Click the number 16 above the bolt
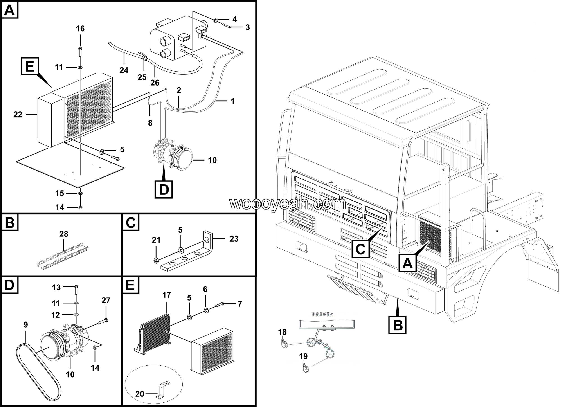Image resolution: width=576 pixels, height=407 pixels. [80, 29]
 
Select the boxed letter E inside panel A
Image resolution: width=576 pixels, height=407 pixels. [30, 66]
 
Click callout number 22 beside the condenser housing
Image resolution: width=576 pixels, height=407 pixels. [18, 115]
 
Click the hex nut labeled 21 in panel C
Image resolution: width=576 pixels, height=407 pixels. [156, 261]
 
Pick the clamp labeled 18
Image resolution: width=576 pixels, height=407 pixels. [283, 344]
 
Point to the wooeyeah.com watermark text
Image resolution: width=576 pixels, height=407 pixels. [288, 203]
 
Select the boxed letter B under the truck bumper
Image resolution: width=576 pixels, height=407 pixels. [397, 325]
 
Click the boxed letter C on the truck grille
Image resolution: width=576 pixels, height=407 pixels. [360, 249]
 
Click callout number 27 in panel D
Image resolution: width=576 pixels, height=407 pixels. [106, 300]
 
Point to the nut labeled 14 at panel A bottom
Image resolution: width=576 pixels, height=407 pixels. [80, 208]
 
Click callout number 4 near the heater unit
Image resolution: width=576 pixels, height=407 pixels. [234, 19]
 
